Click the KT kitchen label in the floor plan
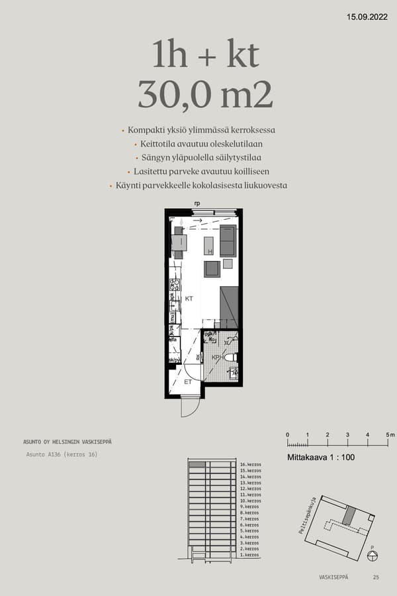[189, 299]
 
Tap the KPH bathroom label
[216, 358]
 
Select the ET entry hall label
[188, 382]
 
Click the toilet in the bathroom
[230, 358]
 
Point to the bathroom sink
[232, 372]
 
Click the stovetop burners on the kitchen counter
[175, 285]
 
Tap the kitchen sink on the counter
[175, 306]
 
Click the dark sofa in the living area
[228, 240]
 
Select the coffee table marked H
[209, 246]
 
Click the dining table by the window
[179, 243]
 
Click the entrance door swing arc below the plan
[189, 407]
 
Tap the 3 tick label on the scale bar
[347, 434]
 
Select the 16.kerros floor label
[251, 465]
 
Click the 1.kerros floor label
[249, 555]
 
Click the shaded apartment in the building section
[197, 465]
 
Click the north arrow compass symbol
[372, 555]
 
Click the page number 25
[376, 577]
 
